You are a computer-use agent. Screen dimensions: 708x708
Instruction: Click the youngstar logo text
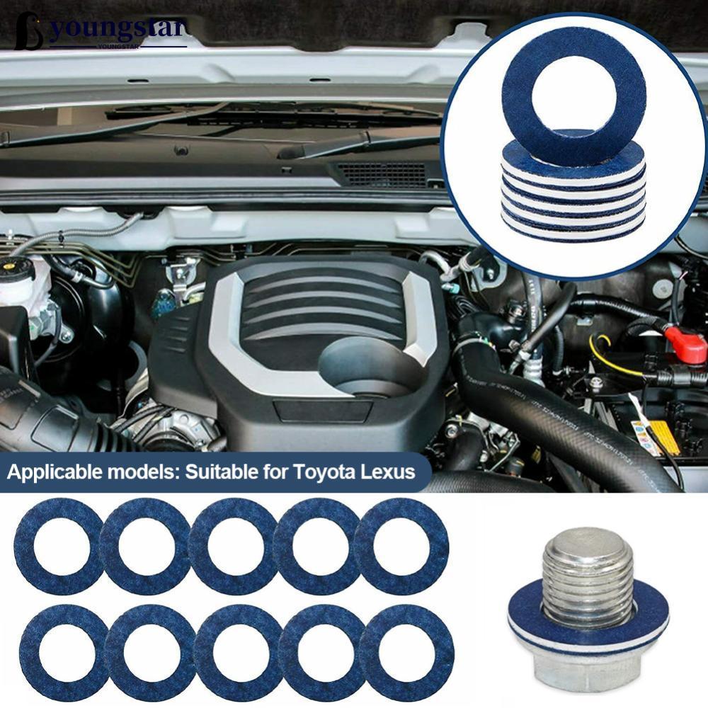pos(116,29)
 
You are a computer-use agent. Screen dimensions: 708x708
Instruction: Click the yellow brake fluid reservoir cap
pos(7,266)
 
